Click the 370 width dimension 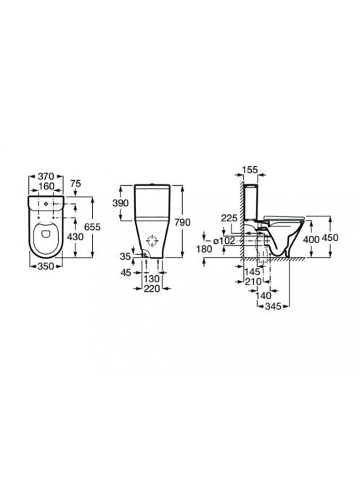pyautogui.click(x=46, y=176)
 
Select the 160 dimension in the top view pyautogui.click(x=46, y=187)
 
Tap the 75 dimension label pyautogui.click(x=75, y=184)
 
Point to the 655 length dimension pyautogui.click(x=92, y=227)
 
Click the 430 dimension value pyautogui.click(x=75, y=237)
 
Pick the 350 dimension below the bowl pyautogui.click(x=46, y=266)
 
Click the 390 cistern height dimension pyautogui.click(x=120, y=203)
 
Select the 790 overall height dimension pyautogui.click(x=183, y=222)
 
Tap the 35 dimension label pyautogui.click(x=126, y=256)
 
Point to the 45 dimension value pyautogui.click(x=126, y=272)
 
